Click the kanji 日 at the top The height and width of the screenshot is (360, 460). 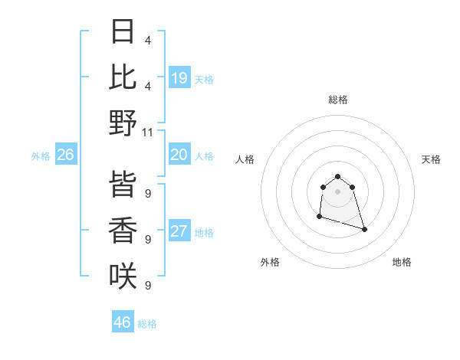point(123,31)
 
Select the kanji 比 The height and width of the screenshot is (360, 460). point(123,77)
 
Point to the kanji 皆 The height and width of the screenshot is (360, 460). point(123,185)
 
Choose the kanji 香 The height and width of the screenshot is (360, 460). point(123,231)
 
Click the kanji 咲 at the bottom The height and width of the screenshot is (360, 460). point(123,277)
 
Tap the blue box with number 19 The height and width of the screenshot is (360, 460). point(179,78)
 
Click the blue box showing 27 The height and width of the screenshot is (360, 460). point(179,232)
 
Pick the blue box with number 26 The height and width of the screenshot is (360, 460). point(65,155)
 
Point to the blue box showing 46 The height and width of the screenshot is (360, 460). point(123,322)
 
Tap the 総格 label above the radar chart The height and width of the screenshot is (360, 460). point(338,100)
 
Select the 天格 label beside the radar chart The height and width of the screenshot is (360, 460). point(432,159)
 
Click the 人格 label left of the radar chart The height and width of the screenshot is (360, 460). point(245,159)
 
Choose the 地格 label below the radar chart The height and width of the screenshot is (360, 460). point(402,262)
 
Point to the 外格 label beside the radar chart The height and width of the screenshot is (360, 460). point(270,262)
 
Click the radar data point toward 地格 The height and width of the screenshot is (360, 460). point(364,229)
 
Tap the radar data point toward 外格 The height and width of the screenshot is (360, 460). point(319,217)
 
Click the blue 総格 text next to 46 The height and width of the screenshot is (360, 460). point(147,324)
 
